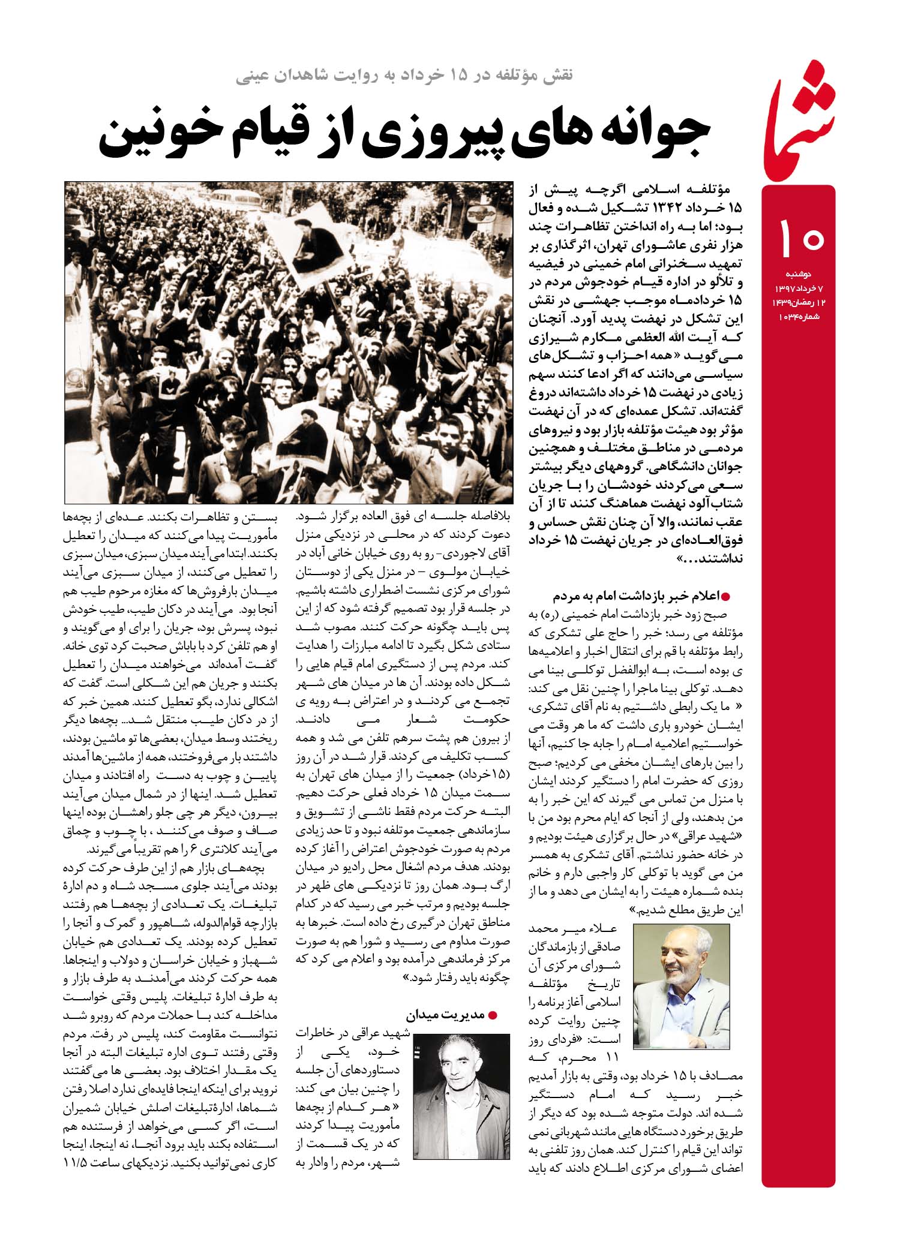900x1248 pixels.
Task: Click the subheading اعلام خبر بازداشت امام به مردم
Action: point(636,597)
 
